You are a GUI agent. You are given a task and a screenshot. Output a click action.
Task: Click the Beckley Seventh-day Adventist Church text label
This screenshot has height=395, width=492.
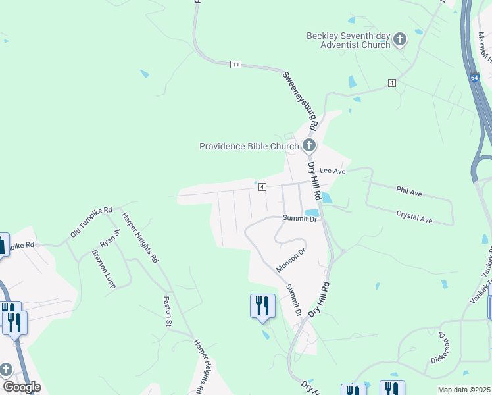click(x=348, y=40)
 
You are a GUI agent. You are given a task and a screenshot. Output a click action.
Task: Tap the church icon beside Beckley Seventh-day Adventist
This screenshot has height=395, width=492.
click(x=399, y=41)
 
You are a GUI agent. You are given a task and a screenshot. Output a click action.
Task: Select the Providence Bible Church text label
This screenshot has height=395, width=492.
click(x=249, y=146)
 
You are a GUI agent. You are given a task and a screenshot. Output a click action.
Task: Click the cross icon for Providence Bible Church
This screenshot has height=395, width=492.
click(x=309, y=145)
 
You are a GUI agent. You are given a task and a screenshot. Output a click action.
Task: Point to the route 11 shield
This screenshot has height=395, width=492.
click(x=235, y=64)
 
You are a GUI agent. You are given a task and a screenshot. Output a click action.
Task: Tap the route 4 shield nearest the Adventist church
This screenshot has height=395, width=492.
click(x=391, y=82)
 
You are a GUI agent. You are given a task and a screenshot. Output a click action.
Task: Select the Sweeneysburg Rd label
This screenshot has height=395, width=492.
click(x=301, y=101)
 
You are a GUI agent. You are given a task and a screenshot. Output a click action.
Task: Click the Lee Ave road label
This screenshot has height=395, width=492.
click(x=333, y=171)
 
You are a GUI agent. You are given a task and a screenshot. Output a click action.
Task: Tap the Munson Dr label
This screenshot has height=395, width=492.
click(x=291, y=261)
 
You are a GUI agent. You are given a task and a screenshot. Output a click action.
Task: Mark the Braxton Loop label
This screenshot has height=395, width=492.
click(x=103, y=269)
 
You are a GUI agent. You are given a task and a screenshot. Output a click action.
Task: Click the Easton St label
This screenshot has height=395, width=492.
click(x=167, y=310)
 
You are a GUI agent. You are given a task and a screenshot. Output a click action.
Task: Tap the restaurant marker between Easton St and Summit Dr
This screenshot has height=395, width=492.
click(x=262, y=305)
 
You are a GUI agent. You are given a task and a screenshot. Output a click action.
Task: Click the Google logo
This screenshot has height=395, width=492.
click(x=22, y=386)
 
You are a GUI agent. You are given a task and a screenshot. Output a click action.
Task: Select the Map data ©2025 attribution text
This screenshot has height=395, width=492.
click(x=464, y=390)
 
